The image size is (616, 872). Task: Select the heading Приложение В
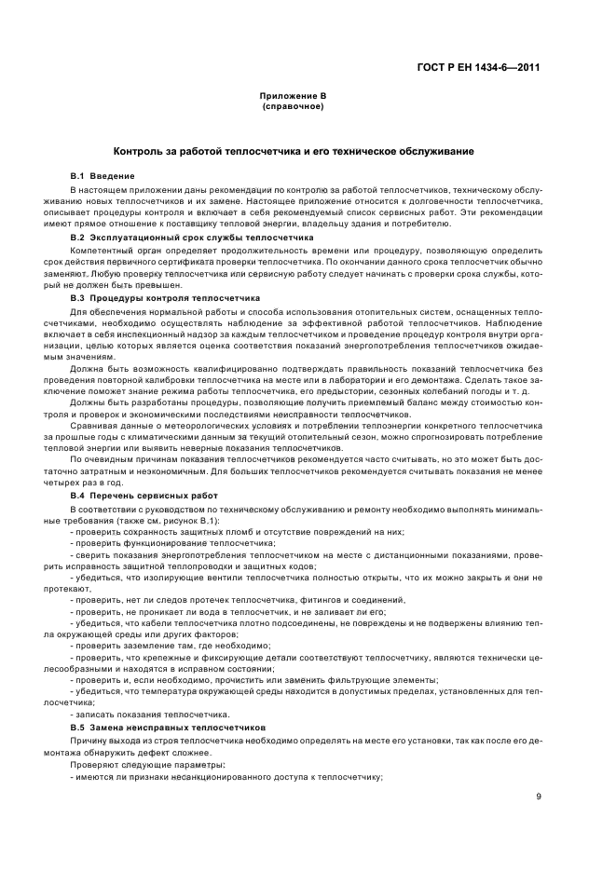293,96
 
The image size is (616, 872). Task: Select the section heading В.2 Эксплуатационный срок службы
179,238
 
